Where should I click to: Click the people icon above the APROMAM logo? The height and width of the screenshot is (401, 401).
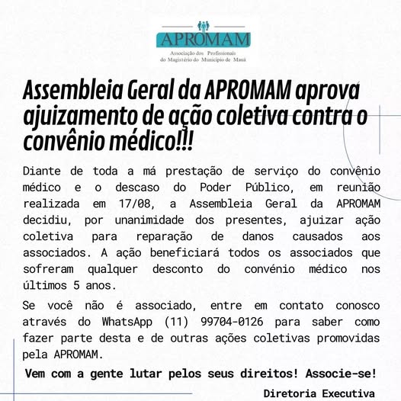click(x=203, y=26)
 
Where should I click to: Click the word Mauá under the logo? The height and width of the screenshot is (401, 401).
click(x=238, y=58)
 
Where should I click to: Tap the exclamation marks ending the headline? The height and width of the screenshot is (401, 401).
click(x=182, y=140)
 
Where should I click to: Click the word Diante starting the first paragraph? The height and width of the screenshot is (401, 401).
click(x=46, y=172)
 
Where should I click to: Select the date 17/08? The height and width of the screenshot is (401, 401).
click(x=136, y=204)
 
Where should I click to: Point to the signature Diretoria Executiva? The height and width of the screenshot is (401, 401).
click(x=319, y=393)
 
